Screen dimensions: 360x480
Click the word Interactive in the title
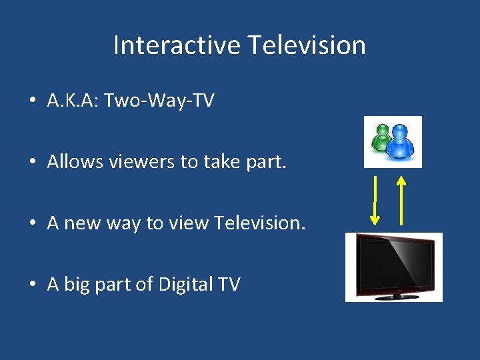click(177, 45)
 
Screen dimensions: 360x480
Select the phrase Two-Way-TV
click(159, 101)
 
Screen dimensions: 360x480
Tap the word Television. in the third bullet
click(260, 223)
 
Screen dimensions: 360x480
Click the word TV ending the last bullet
click(229, 284)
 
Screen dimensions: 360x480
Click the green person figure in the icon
click(382, 137)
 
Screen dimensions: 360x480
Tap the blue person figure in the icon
click(401, 142)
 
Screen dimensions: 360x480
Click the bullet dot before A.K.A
click(32, 101)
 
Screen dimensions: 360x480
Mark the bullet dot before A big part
click(32, 285)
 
